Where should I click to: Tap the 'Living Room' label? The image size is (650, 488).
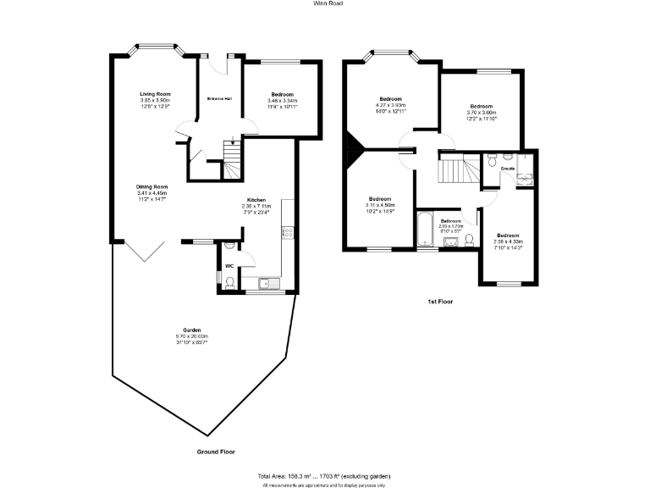(156, 93)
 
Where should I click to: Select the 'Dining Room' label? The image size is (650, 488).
(152, 186)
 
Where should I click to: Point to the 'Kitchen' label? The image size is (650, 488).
(256, 200)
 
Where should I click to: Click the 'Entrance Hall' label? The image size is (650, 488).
(220, 99)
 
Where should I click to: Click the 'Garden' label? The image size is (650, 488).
(191, 330)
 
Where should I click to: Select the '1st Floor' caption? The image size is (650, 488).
(440, 301)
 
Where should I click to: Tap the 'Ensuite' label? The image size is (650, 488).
(508, 169)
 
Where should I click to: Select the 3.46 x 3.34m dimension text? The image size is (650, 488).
(283, 101)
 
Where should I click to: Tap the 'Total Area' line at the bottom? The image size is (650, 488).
(325, 476)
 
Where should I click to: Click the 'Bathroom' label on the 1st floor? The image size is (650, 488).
(450, 220)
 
